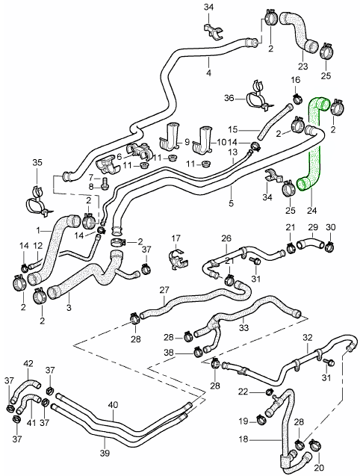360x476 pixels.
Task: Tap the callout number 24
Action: click(311, 210)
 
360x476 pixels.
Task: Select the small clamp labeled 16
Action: click(297, 99)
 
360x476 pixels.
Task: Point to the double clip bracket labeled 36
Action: click(257, 96)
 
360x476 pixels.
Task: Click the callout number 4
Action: click(209, 73)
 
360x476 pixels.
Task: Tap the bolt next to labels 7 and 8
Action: click(105, 182)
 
